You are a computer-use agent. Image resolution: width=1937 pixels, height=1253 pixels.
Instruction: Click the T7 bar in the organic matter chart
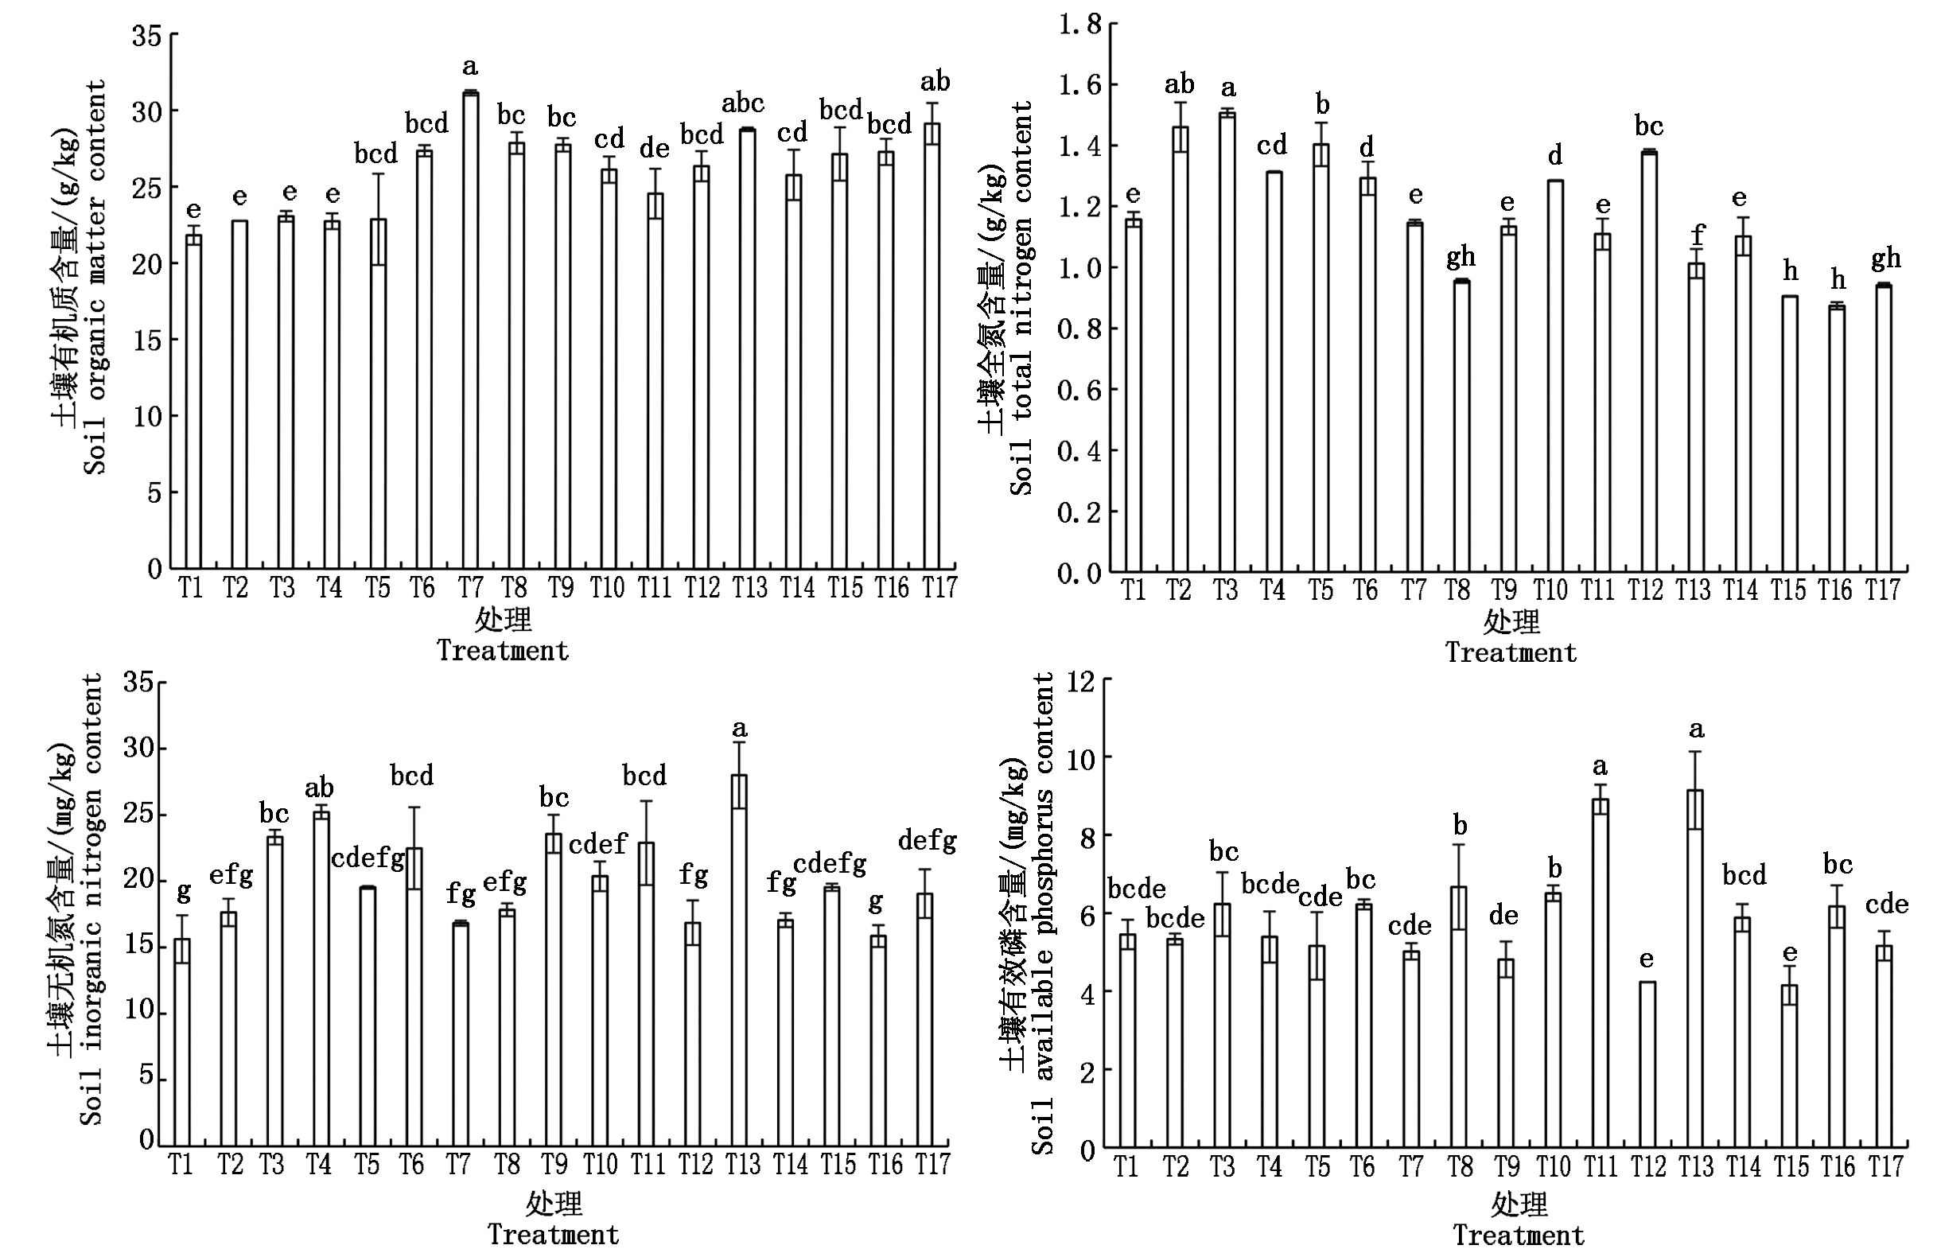[470, 330]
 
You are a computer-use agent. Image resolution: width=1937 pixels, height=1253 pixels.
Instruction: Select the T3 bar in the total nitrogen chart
[1227, 343]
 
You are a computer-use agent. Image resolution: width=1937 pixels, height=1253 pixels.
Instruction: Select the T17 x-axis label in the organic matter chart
[938, 587]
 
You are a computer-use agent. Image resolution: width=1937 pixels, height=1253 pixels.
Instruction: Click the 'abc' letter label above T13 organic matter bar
[743, 103]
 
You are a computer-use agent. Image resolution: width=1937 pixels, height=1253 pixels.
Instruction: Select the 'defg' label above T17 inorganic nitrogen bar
[928, 842]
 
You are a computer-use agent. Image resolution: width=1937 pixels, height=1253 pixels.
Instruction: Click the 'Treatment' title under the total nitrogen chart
[1511, 652]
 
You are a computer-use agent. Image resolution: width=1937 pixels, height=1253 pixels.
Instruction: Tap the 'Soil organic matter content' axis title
[96, 277]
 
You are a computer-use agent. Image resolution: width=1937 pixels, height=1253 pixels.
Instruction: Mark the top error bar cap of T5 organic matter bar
[378, 173]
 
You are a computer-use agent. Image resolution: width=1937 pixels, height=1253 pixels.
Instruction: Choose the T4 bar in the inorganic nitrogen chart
[321, 979]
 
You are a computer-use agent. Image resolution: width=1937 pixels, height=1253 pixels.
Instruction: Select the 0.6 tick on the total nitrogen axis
[1079, 390]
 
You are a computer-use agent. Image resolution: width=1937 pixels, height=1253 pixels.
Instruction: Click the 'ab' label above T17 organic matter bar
[935, 81]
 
